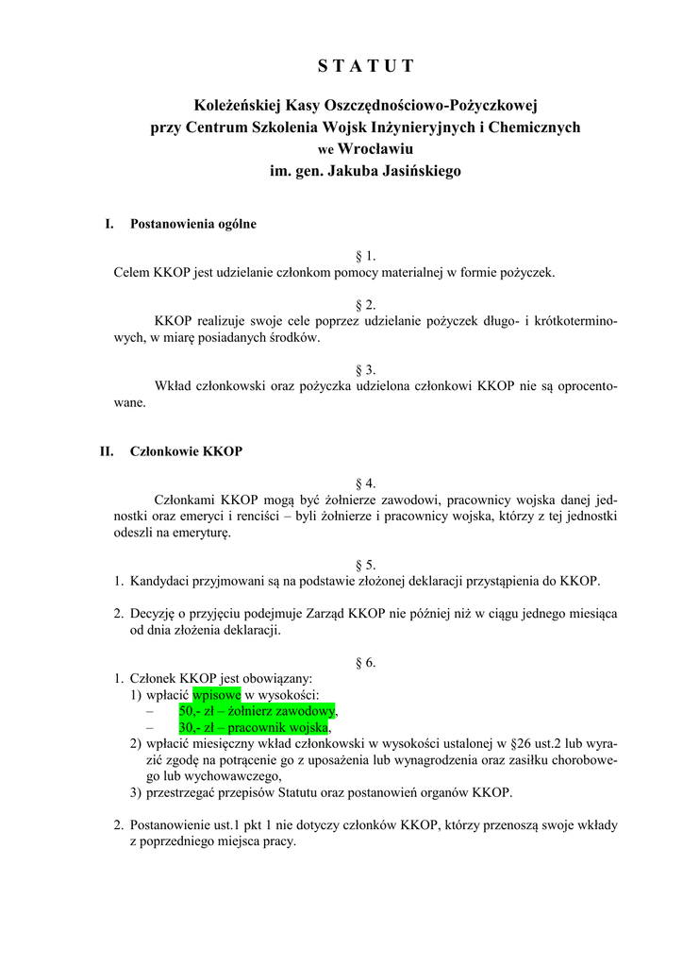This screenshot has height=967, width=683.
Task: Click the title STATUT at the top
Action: coord(365,65)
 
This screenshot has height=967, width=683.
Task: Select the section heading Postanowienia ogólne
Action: coord(192,225)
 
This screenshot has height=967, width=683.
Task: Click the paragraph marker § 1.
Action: coord(365,256)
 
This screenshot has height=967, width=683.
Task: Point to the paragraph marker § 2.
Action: coord(365,304)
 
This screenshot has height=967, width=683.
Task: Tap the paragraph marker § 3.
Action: coord(365,369)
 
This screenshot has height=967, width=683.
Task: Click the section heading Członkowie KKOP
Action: coord(186,451)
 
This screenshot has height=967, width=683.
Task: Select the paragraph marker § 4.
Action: coord(365,483)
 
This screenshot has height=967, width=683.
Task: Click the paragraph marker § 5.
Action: coord(365,565)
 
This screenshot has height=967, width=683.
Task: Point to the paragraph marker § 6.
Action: coord(365,662)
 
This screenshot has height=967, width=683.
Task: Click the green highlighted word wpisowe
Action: coord(216,695)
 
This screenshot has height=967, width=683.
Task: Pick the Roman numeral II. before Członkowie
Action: coord(107,451)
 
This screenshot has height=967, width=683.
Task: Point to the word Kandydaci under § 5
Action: coord(160,581)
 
